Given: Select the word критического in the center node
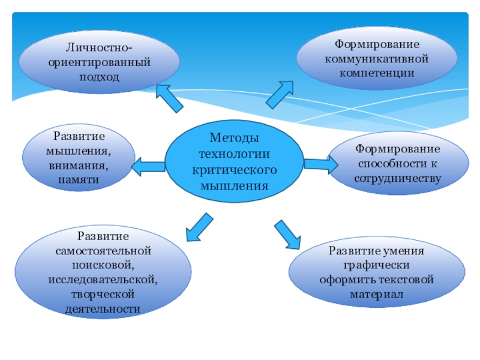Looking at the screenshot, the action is click(x=233, y=170).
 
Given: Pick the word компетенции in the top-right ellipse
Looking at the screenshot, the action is click(x=377, y=74).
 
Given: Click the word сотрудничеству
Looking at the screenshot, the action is click(x=398, y=178).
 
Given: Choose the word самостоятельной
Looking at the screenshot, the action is click(x=103, y=250).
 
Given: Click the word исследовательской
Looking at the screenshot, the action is click(x=103, y=280).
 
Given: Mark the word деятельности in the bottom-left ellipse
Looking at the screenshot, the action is click(x=103, y=309).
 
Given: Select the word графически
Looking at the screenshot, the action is click(x=377, y=265).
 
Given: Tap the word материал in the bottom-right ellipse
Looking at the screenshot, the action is click(x=377, y=295).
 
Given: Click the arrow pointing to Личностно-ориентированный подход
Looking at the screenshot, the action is click(x=169, y=97).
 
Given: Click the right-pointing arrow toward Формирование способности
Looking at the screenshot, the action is click(x=321, y=163).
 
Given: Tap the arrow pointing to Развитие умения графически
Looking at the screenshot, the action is click(x=287, y=234).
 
